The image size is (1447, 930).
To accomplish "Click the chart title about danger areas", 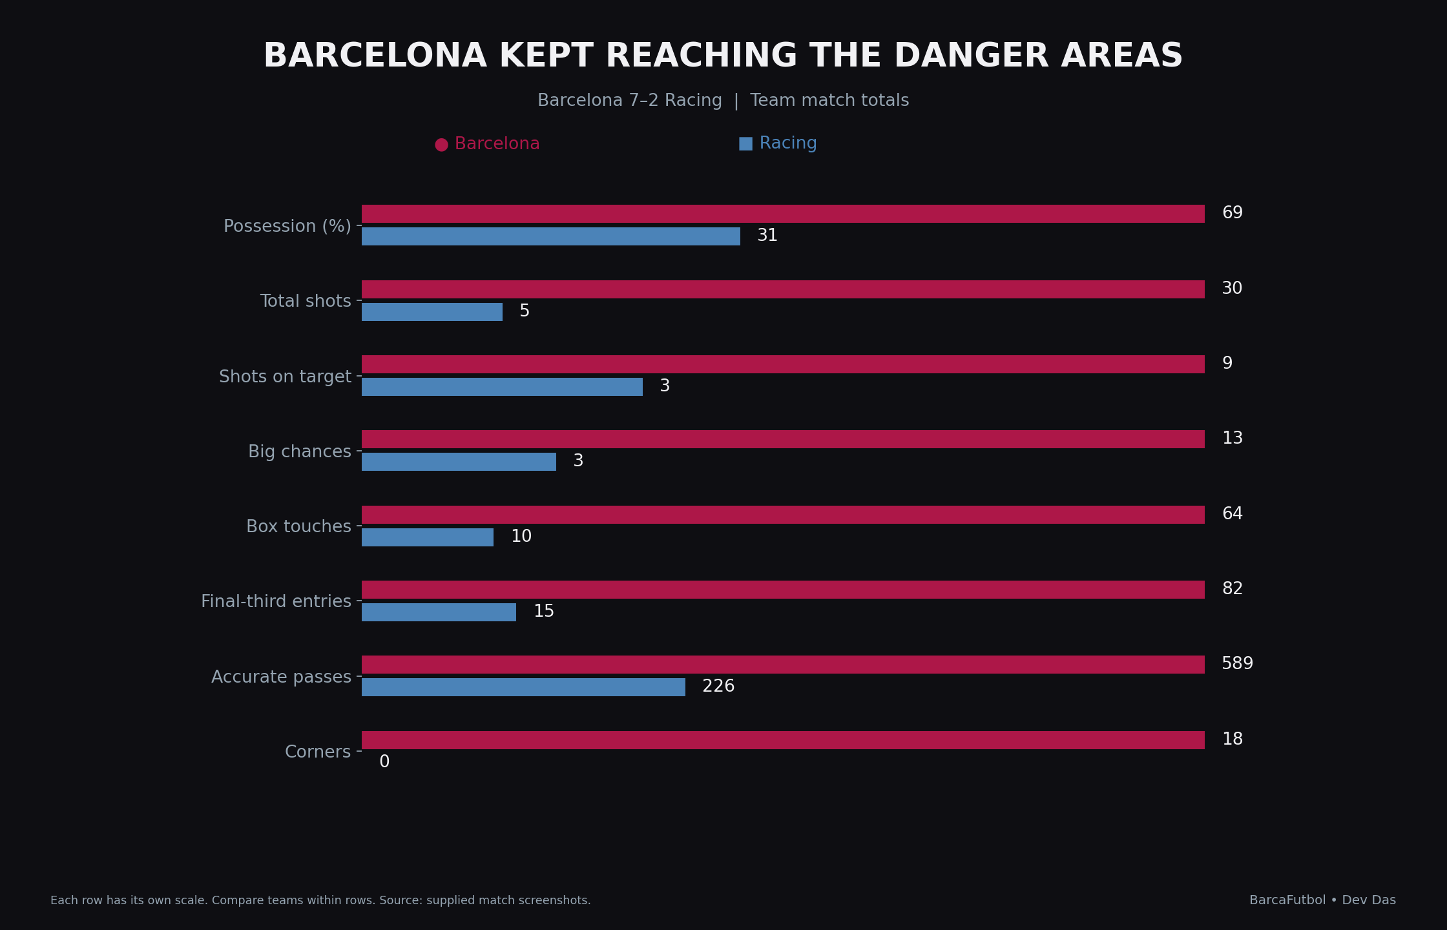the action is click(723, 56).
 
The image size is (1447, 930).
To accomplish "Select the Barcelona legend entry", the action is click(487, 144).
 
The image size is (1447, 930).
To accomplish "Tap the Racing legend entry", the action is click(778, 143).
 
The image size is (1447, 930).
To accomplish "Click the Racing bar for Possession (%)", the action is click(551, 236).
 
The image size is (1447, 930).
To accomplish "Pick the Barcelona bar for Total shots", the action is click(783, 289).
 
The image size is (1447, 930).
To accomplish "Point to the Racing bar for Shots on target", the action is click(502, 387).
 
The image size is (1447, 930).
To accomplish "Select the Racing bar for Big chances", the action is click(459, 462).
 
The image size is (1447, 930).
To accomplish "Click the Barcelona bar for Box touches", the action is click(783, 515).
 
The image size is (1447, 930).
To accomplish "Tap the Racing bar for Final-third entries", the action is click(439, 612).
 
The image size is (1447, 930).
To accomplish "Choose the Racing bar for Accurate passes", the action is click(523, 687).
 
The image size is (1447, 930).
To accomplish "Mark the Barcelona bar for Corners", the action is click(783, 740).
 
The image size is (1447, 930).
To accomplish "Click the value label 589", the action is click(1237, 664).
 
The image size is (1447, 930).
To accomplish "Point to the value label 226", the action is click(718, 687).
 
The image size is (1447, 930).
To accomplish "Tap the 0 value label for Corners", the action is click(384, 762).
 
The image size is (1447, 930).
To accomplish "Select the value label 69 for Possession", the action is click(1232, 213).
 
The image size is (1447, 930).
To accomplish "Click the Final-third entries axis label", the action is click(276, 602).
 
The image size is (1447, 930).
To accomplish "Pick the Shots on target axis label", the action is click(285, 377).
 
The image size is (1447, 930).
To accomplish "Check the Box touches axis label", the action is click(298, 527).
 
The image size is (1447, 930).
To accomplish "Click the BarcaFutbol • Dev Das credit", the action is click(1322, 900).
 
